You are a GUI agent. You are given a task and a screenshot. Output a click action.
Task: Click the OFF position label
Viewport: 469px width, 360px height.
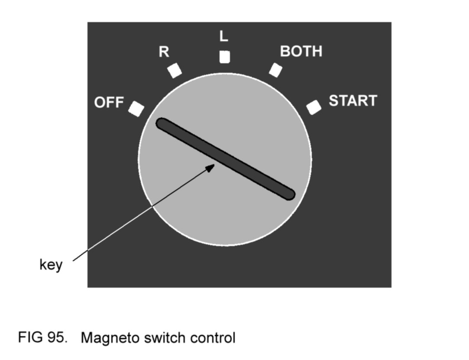109,103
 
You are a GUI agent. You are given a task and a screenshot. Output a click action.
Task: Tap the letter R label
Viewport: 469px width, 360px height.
164,52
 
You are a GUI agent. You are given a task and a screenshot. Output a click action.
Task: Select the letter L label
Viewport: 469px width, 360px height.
223,37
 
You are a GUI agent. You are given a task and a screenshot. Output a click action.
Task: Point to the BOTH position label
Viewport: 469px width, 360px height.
301,51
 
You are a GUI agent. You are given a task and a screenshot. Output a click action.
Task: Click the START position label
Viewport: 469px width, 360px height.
353,101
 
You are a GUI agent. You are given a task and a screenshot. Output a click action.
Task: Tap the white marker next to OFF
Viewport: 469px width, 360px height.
136,109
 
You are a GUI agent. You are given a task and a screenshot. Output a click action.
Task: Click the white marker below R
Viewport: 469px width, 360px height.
175,70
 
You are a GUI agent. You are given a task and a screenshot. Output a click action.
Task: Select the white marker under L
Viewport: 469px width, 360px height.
224,57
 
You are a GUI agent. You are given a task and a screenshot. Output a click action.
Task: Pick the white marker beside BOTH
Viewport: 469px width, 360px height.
275,70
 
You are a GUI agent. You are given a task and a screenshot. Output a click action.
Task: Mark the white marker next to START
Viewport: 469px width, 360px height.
314,107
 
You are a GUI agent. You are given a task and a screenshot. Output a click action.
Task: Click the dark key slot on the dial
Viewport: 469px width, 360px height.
226,159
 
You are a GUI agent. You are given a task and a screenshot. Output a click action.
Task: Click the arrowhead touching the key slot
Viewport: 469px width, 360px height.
211,167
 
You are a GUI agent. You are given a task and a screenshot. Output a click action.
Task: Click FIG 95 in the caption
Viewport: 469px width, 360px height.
42,337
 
